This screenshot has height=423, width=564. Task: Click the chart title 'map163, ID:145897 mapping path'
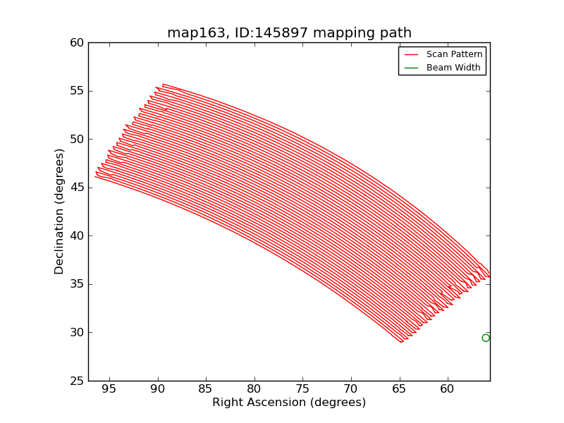point(289,33)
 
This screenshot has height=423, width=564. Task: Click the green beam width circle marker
point(486,338)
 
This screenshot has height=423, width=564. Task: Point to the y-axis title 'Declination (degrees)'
point(60,211)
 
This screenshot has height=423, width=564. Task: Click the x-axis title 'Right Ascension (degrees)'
point(289,403)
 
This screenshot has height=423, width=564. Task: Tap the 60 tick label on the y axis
point(76,43)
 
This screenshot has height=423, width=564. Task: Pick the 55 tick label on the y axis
point(76,91)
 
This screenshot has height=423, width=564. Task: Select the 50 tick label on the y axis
point(76,140)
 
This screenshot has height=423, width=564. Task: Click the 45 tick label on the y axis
point(76,188)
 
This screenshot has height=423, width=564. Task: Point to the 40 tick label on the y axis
point(76,236)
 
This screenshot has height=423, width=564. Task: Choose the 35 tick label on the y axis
point(76,284)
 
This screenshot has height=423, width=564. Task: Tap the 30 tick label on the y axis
point(76,333)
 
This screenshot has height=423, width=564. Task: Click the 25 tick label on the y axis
point(76,381)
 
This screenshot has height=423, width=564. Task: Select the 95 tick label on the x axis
point(109,389)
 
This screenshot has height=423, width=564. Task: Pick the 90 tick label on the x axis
point(157,389)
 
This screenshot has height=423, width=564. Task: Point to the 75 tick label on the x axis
point(302,389)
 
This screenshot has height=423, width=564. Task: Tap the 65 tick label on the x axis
point(399,389)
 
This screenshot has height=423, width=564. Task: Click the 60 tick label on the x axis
point(447,389)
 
